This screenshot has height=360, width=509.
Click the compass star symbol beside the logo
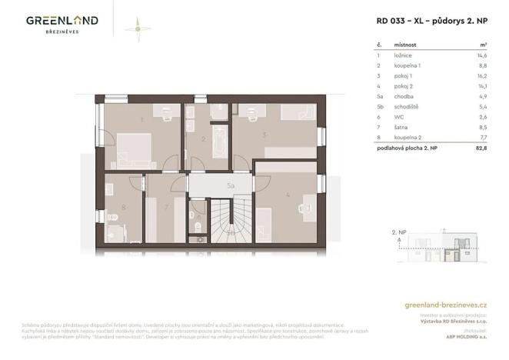coord(137,27)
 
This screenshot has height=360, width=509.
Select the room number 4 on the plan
coord(287,195)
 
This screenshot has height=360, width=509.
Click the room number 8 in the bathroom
coord(123,207)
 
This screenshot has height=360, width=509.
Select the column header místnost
coord(406,45)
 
